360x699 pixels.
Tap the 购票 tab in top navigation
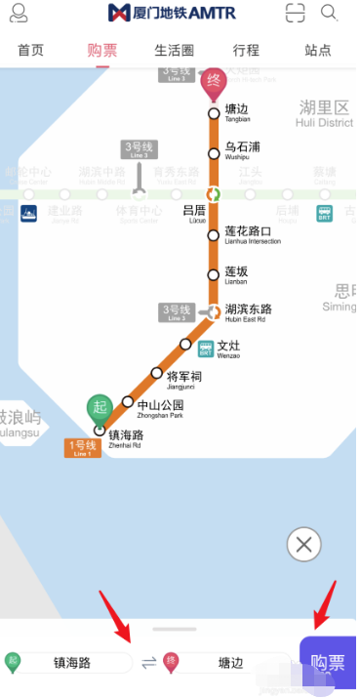pyautogui.click(x=101, y=50)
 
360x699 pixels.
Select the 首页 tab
pyautogui.click(x=30, y=50)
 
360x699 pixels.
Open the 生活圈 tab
pyautogui.click(x=175, y=50)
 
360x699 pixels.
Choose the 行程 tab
pyautogui.click(x=246, y=50)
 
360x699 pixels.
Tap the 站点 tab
pyautogui.click(x=317, y=50)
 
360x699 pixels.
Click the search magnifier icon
pyautogui.click(x=329, y=13)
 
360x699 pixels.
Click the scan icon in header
pyautogui.click(x=295, y=13)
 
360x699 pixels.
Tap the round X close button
pyautogui.click(x=304, y=544)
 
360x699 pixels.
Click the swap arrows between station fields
pyautogui.click(x=148, y=663)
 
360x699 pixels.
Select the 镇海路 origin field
pyautogui.click(x=70, y=663)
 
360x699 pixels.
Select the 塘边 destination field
pyautogui.click(x=229, y=663)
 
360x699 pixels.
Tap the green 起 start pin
pyautogui.click(x=99, y=408)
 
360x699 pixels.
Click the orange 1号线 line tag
pyautogui.click(x=84, y=448)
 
